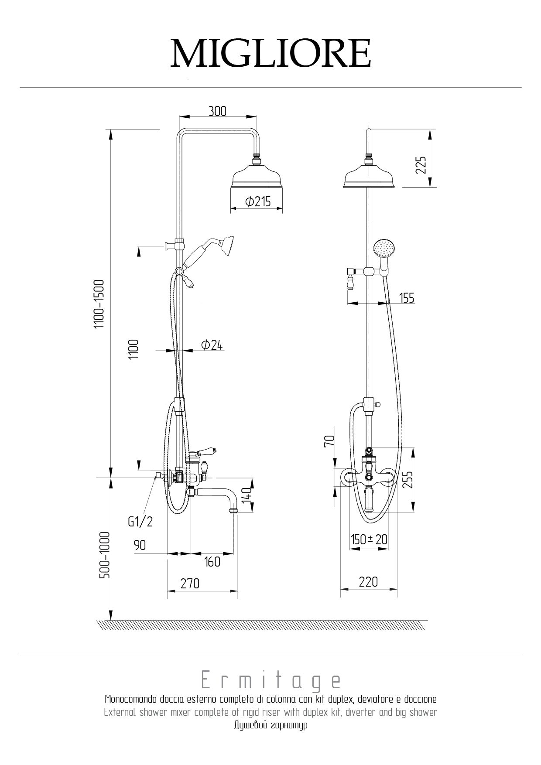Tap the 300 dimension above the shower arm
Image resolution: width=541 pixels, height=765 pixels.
[x=217, y=111]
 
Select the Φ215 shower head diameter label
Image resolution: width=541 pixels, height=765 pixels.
[x=258, y=201]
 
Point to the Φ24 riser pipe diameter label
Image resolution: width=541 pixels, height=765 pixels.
[x=212, y=345]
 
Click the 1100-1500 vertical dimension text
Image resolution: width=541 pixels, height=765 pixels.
[x=100, y=304]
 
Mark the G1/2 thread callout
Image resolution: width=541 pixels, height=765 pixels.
[x=140, y=522]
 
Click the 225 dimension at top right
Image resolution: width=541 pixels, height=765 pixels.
[x=421, y=165]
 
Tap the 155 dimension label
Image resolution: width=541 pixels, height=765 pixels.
[x=407, y=298]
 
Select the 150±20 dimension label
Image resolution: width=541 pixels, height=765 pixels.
[x=369, y=540]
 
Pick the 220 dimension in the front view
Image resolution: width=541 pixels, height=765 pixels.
[x=369, y=581]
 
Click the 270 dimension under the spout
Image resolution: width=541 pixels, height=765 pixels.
[x=190, y=583]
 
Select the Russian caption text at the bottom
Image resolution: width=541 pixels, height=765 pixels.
[x=270, y=726]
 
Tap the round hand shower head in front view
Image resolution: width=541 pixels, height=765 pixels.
[x=383, y=248]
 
